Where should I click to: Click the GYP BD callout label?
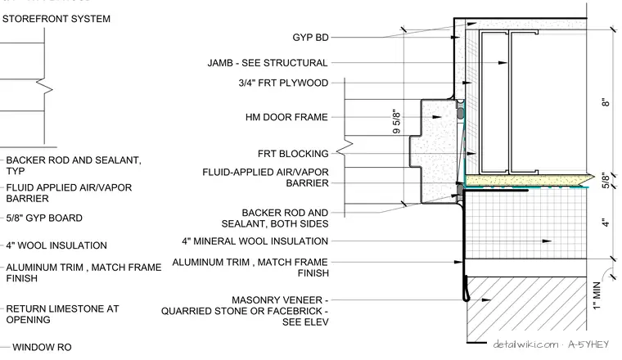(311, 38)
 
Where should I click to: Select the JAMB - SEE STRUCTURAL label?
(268, 63)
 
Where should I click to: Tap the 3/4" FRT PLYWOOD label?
(283, 83)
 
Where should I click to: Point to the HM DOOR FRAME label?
(286, 117)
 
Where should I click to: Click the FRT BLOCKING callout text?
(293, 154)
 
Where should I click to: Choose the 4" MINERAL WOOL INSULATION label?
(255, 241)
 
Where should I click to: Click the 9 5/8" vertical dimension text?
(396, 121)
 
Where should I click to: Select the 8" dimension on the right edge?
(606, 102)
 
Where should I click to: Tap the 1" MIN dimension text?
(597, 295)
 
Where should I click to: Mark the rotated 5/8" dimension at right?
(606, 180)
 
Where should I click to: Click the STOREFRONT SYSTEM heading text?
(56, 19)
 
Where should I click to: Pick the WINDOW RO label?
(42, 347)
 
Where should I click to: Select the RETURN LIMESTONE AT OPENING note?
(62, 314)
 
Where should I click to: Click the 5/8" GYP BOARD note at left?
(44, 218)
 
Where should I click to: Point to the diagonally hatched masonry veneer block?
(526, 304)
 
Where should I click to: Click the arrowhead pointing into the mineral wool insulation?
(547, 241)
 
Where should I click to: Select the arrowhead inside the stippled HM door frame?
(437, 117)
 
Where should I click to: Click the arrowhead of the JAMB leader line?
(503, 63)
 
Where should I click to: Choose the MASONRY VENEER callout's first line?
(280, 300)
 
